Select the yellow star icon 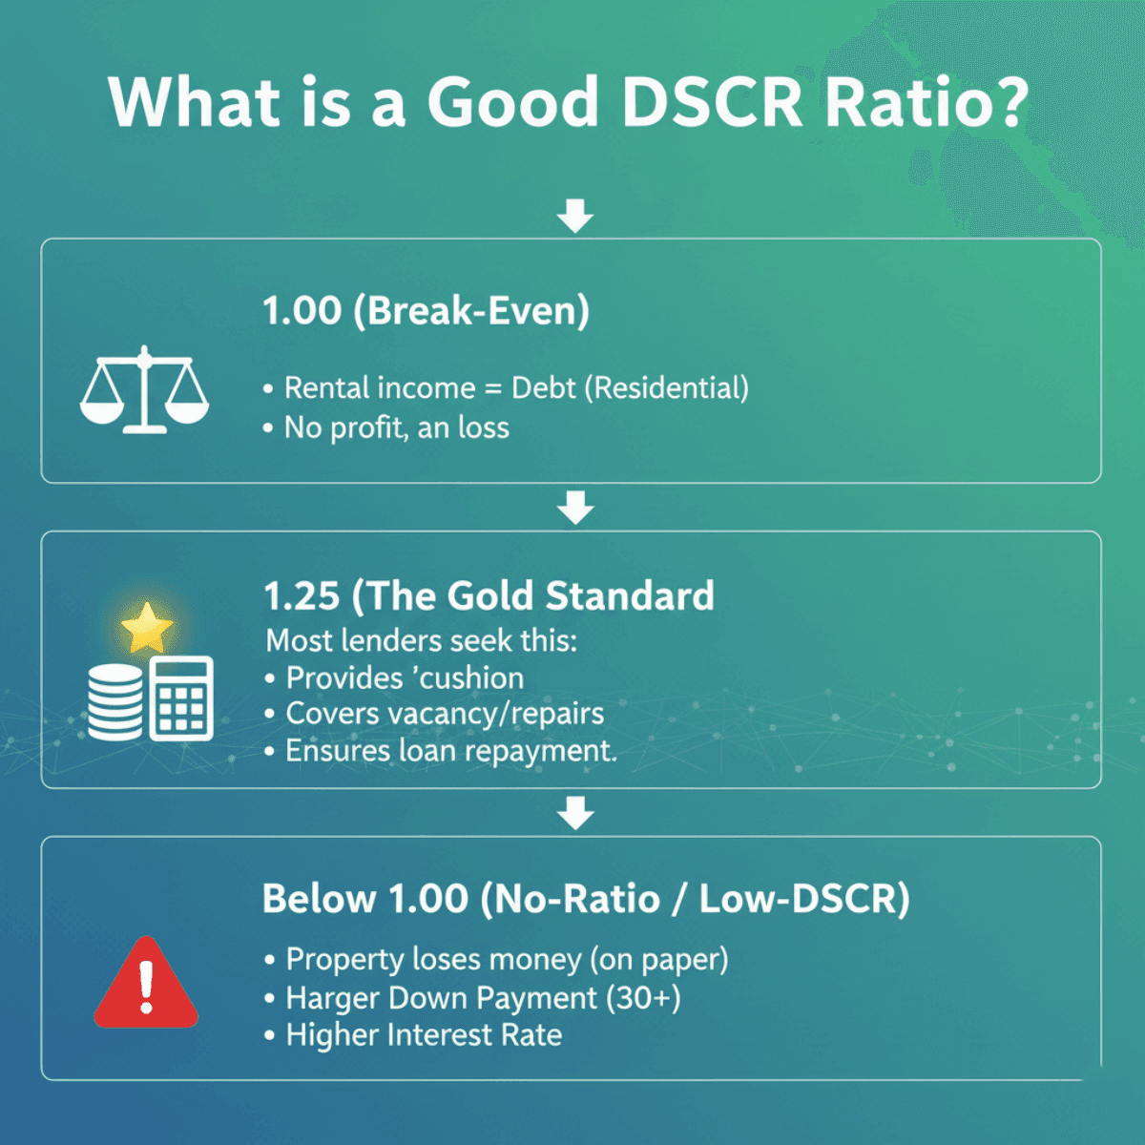pos(147,628)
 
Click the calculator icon pos(181,698)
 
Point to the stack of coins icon pos(115,702)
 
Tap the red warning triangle pos(146,983)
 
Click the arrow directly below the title pos(575,216)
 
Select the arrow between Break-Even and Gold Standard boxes pos(575,508)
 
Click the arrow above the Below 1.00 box pos(575,813)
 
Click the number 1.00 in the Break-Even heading pos(302,311)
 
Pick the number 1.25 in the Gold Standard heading pos(302,596)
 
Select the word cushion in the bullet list pos(471,678)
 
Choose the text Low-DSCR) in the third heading pos(803,899)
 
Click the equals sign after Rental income pos(492,388)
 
